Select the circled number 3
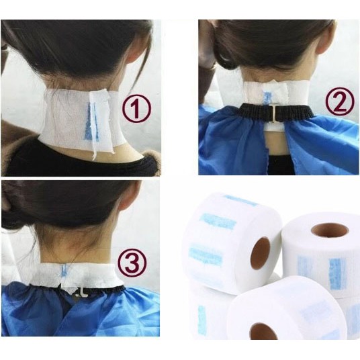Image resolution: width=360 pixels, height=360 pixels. pyautogui.click(x=132, y=263)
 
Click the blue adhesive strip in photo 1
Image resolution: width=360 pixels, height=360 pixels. pyautogui.click(x=92, y=122)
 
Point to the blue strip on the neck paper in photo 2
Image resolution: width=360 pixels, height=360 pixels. pyautogui.click(x=267, y=97)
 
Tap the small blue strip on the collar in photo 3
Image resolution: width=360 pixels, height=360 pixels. pyautogui.click(x=64, y=270)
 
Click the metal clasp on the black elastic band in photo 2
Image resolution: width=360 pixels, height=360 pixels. pyautogui.click(x=273, y=113)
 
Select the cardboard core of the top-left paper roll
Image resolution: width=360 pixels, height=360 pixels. pyautogui.click(x=260, y=253)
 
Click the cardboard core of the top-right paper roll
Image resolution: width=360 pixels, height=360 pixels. pyautogui.click(x=330, y=230)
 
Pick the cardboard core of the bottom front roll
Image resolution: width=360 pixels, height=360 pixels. pyautogui.click(x=263, y=331)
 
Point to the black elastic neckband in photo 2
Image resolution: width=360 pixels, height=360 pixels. pyautogui.click(x=275, y=111)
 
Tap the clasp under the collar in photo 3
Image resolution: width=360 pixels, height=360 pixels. pyautogui.click(x=79, y=292)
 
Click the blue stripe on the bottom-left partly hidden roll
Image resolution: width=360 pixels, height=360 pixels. pyautogui.click(x=202, y=321)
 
